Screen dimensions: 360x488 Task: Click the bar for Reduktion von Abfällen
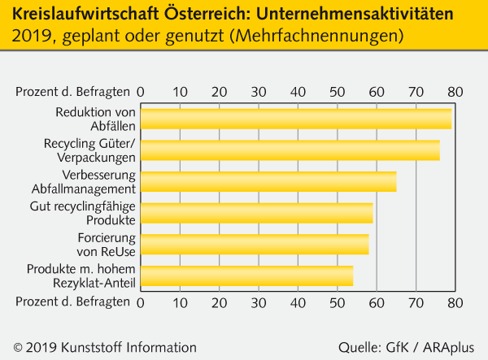[x=296, y=119]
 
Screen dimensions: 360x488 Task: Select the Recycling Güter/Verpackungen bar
[x=290, y=150]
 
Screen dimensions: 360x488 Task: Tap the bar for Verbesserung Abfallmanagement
[x=268, y=181]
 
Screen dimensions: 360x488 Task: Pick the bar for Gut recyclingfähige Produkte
[x=257, y=213]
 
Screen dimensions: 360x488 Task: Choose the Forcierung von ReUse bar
[x=255, y=244]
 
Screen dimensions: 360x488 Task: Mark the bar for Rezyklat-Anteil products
[x=247, y=275]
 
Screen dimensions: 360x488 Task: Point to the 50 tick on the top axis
[x=338, y=91]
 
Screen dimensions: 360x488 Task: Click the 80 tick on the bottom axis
[x=455, y=301]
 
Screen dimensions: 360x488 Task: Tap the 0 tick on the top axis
[x=142, y=91]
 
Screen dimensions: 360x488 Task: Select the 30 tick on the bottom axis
[x=259, y=301]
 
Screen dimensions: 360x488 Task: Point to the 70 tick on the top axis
[x=416, y=91]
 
